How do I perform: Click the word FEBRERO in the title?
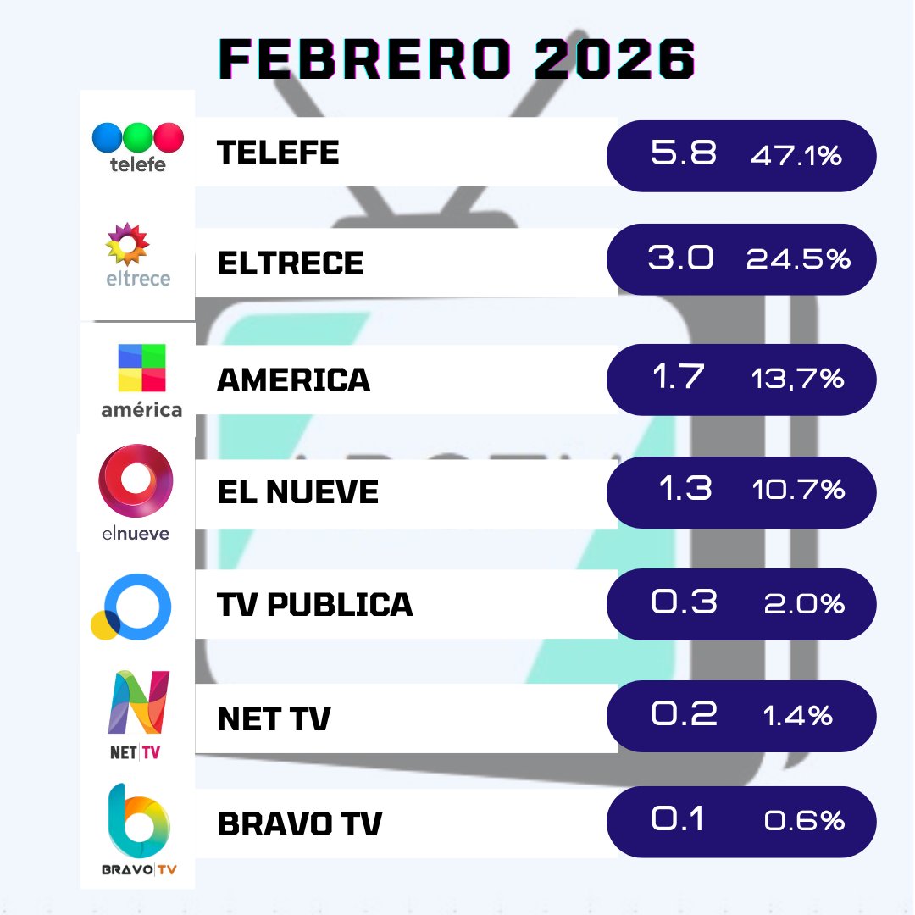(356, 59)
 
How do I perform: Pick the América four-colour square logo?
(141, 368)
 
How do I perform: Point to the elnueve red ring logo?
(136, 480)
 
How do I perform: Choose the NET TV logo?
(138, 712)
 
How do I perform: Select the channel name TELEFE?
(278, 152)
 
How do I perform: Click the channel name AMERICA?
(294, 380)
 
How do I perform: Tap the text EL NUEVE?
(297, 492)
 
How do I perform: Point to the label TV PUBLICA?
(315, 604)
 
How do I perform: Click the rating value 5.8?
(683, 154)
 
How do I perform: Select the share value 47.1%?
(796, 156)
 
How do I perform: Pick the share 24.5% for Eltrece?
(797, 260)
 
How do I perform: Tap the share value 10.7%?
(797, 490)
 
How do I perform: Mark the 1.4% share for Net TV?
(797, 717)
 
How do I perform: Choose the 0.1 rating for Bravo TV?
(677, 820)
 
